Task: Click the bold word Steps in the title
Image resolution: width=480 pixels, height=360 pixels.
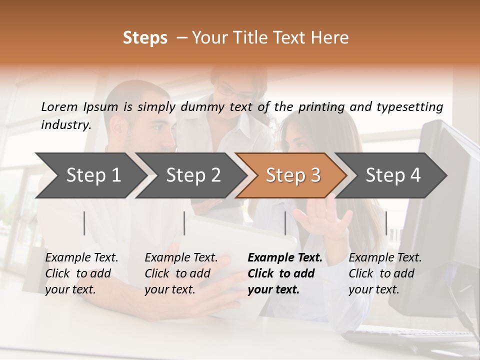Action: [145, 38]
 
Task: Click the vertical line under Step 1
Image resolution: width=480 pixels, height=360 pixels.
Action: [84, 223]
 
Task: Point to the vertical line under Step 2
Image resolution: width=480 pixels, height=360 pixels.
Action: [184, 223]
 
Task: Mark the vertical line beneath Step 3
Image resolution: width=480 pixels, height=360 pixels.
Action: [285, 223]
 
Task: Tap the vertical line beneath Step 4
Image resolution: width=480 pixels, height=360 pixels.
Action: [386, 223]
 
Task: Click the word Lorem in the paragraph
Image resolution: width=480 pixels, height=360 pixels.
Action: [59, 106]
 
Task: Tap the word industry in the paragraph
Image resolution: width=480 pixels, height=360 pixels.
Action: [65, 124]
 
